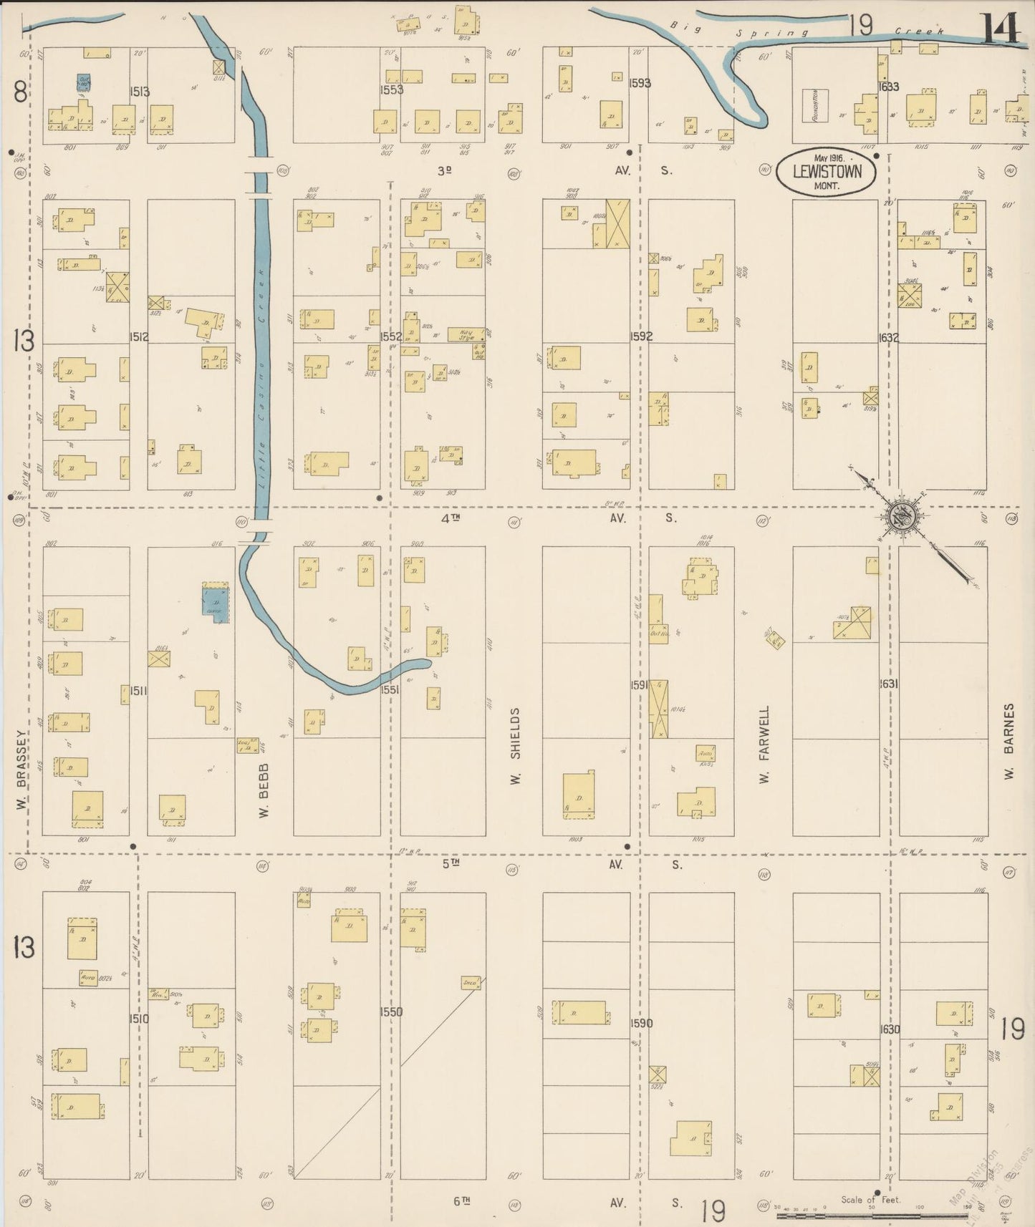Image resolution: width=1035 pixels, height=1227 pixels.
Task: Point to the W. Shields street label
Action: tap(514, 745)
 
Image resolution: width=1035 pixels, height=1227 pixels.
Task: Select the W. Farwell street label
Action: tap(764, 744)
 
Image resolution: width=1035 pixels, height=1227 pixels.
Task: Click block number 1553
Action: tap(392, 90)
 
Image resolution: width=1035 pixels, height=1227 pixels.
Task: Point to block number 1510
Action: tap(140, 1018)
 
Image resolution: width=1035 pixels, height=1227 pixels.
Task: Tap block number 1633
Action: tap(889, 87)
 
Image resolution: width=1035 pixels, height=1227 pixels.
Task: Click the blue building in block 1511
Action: tap(215, 603)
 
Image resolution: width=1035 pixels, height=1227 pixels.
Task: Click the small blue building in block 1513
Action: tap(84, 82)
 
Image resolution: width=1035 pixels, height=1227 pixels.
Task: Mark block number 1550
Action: tap(391, 1012)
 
